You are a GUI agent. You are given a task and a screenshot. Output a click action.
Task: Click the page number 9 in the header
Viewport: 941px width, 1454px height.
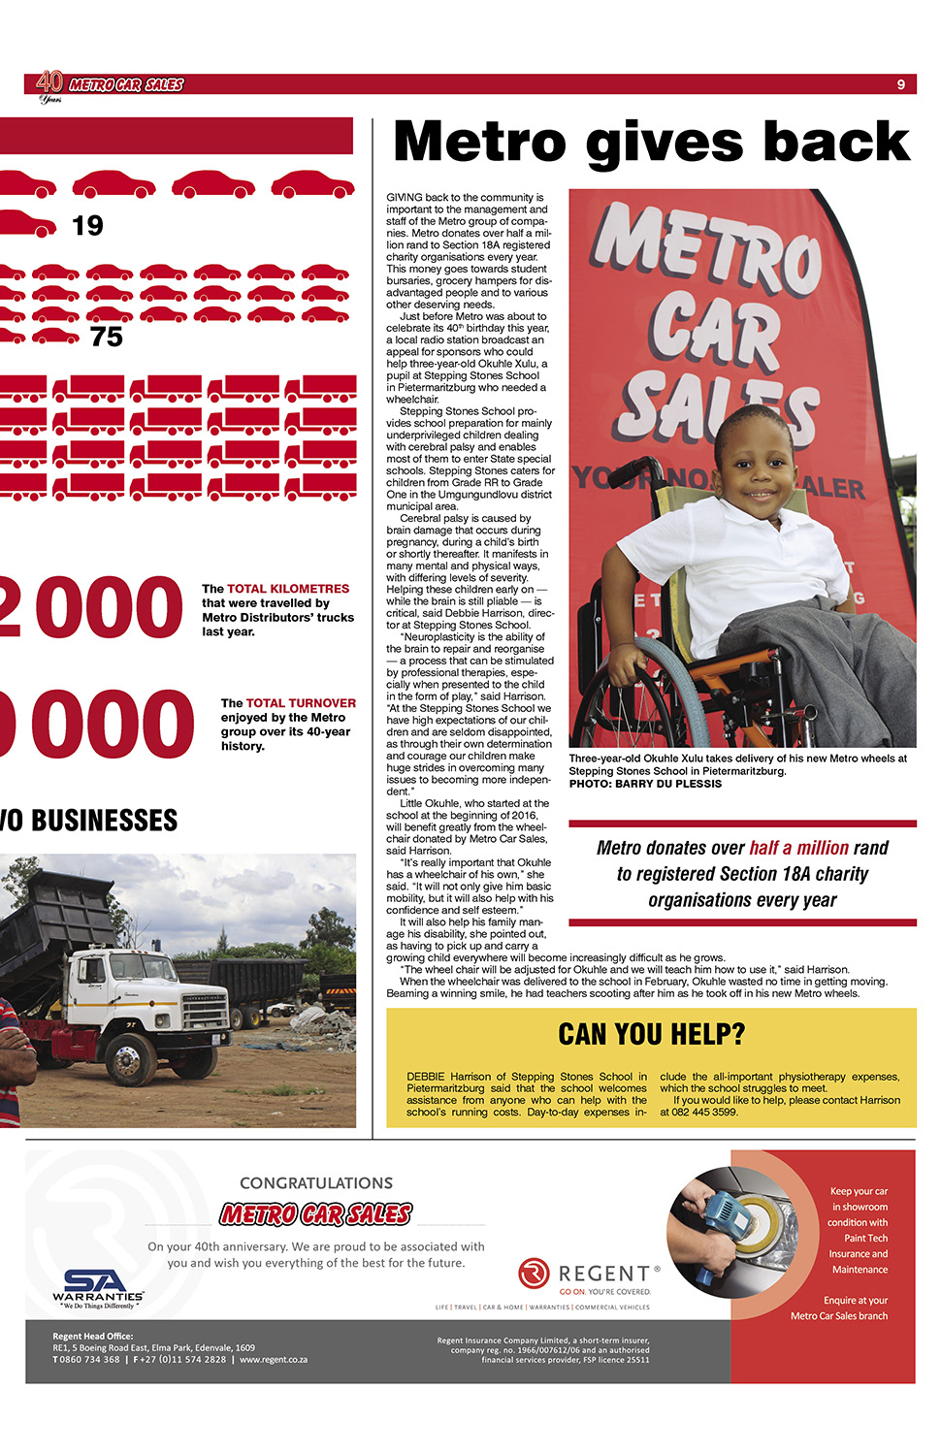(900, 84)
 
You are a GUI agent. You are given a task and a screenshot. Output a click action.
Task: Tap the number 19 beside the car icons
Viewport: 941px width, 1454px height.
(87, 226)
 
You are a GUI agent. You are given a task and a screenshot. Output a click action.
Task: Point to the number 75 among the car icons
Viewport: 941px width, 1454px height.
(107, 338)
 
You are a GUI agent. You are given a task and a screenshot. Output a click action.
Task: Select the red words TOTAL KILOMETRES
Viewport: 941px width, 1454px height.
(288, 589)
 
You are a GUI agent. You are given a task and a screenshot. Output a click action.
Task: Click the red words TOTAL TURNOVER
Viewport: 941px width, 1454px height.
(301, 703)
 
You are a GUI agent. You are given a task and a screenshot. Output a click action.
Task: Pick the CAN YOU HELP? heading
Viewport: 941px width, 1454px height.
(651, 1035)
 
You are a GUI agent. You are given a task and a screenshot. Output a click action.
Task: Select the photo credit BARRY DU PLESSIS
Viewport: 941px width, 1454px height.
(668, 784)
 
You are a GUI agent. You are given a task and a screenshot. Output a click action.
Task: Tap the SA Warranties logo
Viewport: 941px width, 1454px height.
(97, 1286)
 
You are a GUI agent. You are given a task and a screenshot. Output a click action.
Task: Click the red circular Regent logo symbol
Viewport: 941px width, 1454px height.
(534, 1273)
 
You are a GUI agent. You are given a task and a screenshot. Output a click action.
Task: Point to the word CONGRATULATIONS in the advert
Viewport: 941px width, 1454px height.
(316, 1183)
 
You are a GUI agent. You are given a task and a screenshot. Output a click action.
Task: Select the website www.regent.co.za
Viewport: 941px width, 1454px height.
(274, 1360)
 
